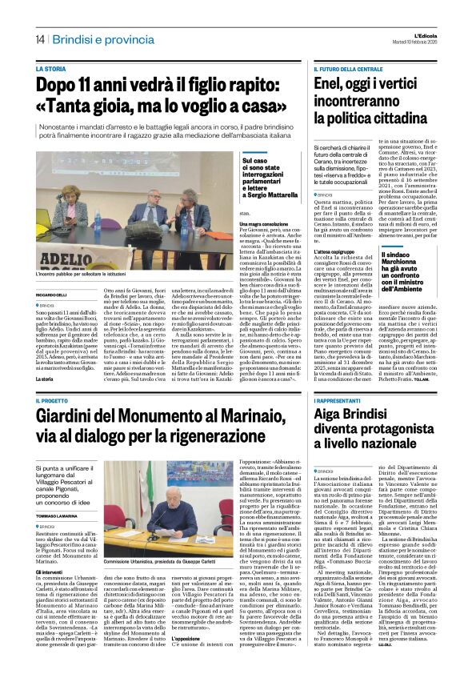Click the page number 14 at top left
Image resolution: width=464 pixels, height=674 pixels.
[39, 39]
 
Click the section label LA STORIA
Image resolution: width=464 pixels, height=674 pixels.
[51, 70]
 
